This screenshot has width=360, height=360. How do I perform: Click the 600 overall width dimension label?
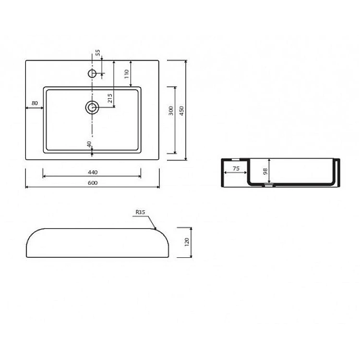pos(93,183)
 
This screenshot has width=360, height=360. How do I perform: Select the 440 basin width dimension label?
pos(93,172)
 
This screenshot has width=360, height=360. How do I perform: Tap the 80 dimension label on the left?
pos(35,103)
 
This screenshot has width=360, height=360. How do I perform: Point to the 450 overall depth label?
pos(181,110)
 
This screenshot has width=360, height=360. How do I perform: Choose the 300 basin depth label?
pos(171,110)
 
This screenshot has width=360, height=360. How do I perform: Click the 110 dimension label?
pos(127,74)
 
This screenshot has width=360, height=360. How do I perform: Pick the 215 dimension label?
pos(110,98)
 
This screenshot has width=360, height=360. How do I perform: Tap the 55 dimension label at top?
pos(98,53)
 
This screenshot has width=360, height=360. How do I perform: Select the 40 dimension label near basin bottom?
pos(89,144)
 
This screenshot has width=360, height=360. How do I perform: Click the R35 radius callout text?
pos(140,212)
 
